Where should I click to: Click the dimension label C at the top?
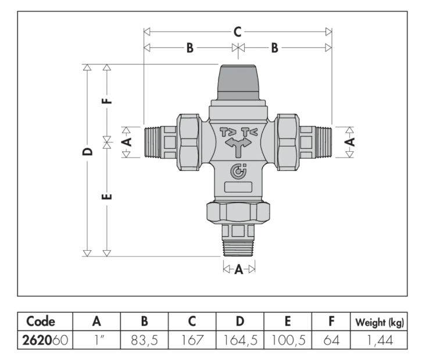(x=237, y=32)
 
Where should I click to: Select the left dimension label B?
(x=189, y=48)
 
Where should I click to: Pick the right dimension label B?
(x=274, y=48)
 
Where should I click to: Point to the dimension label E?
(x=106, y=197)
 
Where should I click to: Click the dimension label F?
(x=106, y=101)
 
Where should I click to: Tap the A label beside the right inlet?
(x=349, y=141)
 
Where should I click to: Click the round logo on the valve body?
(x=238, y=172)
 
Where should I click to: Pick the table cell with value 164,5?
(x=239, y=339)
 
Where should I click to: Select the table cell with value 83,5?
(x=144, y=339)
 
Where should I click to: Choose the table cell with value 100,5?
(x=288, y=339)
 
